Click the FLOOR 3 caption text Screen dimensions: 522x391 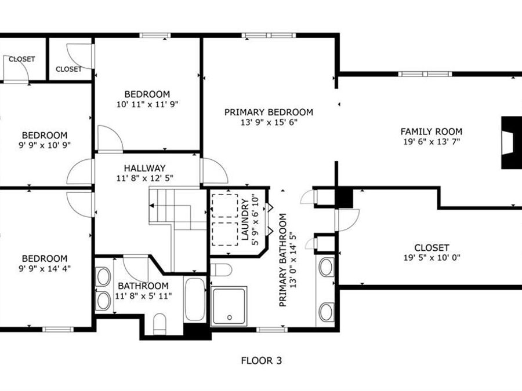[x=261, y=361]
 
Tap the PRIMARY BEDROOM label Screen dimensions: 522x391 [x=269, y=112]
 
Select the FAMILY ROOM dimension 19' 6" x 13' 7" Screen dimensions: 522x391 [x=431, y=142]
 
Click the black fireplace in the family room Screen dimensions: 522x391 [x=510, y=142]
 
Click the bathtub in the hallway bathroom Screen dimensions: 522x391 [x=194, y=299]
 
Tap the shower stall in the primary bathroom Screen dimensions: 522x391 [x=229, y=305]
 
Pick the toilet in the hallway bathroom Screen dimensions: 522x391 [x=160, y=323]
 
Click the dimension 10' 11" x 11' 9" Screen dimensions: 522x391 [x=147, y=105]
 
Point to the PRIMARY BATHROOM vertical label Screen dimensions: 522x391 [x=283, y=260]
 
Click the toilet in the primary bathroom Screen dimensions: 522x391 [x=221, y=269]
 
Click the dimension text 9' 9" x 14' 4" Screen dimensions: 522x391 [x=45, y=269]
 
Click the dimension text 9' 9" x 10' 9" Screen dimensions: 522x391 [x=45, y=145]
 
